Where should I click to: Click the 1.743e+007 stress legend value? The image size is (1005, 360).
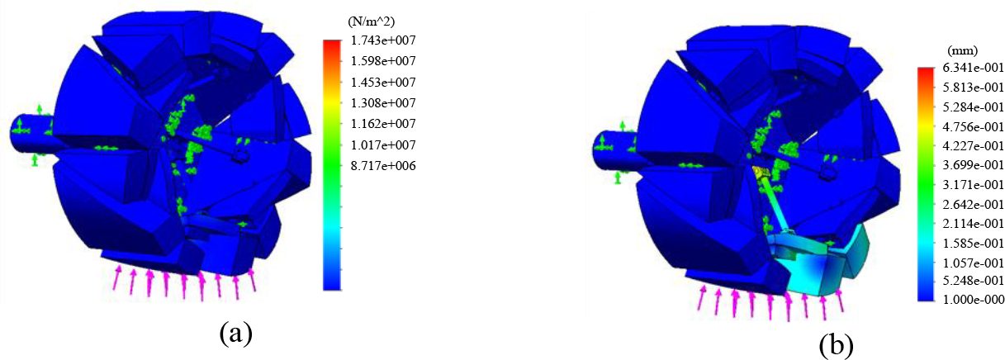point(382,40)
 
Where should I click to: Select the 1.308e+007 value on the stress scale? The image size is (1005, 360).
point(382,103)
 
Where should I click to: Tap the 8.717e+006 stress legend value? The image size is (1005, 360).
point(382,166)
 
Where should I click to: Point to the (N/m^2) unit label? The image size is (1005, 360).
point(371,21)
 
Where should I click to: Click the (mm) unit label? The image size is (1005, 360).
point(962,50)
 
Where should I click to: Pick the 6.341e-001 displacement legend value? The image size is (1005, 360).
point(973,68)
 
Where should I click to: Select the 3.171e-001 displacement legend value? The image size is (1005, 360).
point(973,184)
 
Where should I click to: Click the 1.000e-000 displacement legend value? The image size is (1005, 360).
point(973,300)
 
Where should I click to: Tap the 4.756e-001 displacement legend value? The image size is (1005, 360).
point(973,126)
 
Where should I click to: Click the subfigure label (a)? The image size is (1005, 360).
point(236,333)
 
